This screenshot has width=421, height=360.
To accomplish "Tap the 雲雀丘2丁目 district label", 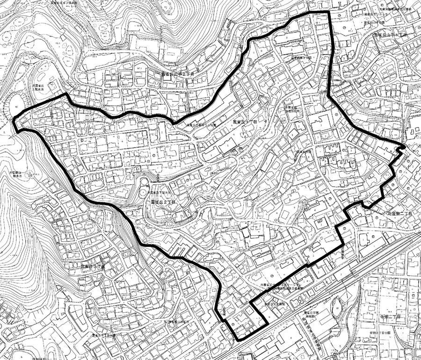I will (163, 202).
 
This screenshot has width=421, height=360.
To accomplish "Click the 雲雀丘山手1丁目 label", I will (390, 35).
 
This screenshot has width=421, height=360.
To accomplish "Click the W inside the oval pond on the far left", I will (16, 106).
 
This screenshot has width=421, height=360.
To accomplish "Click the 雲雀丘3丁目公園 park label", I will (104, 335).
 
